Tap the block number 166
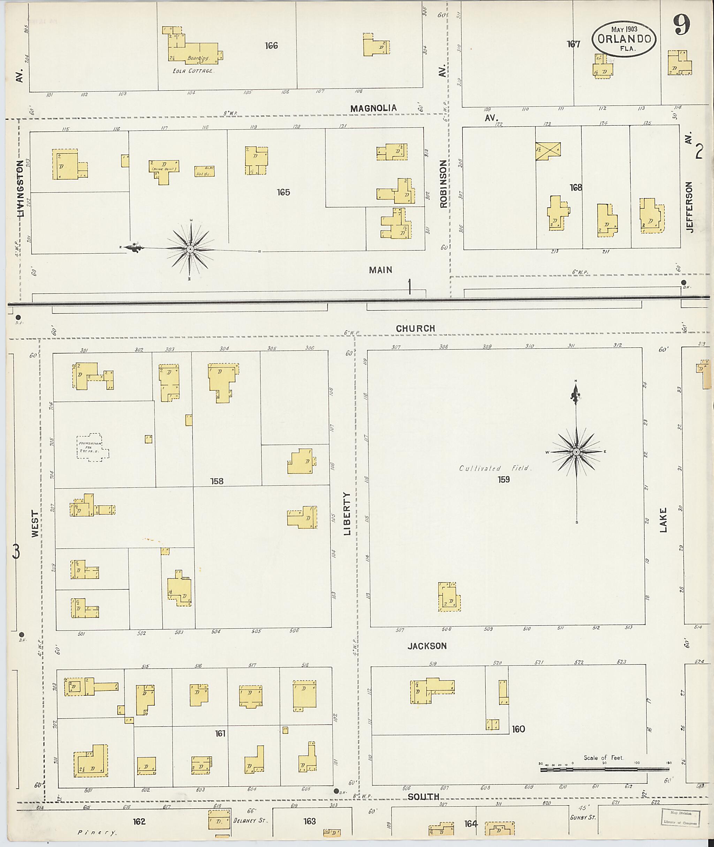click(x=271, y=45)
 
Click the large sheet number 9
click(x=682, y=27)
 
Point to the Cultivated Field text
click(x=494, y=468)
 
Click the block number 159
click(x=503, y=479)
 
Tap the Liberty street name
click(x=347, y=514)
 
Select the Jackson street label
click(x=427, y=646)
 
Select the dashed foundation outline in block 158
click(x=93, y=448)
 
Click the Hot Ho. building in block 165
click(x=204, y=171)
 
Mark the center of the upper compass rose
click(x=190, y=249)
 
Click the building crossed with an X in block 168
click(x=548, y=151)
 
